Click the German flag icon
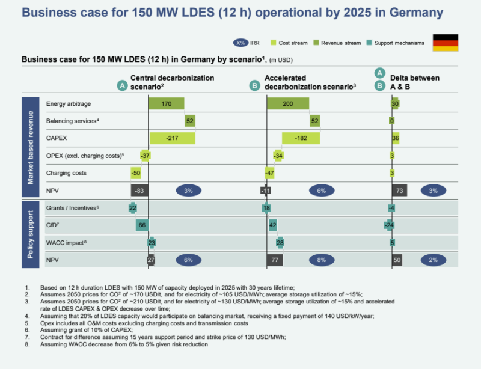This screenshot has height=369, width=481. pos(446,43)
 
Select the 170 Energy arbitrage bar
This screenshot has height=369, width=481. pos(166,104)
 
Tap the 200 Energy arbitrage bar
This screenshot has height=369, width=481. pos(287,104)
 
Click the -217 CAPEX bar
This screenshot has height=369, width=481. pos(172,138)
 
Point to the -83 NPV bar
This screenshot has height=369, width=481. pos(139,191)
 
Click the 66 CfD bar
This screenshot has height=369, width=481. pos(142,225)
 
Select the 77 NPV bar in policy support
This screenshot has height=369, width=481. pos(275,260)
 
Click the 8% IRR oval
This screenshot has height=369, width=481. pos(322,260)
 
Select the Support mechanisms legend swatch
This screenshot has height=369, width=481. pos(369,43)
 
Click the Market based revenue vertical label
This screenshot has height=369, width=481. pos(31,147)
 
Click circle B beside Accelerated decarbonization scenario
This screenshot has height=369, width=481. pos(255,86)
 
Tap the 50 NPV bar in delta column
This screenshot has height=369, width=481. pos(397,260)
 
